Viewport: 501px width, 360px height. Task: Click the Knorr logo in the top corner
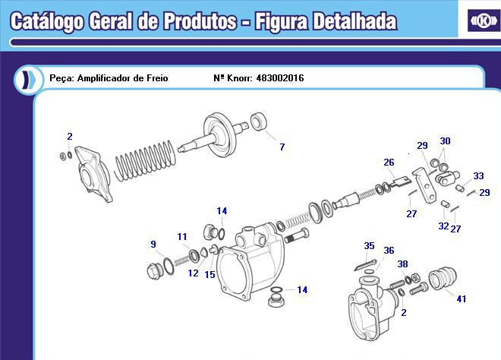click(x=484, y=21)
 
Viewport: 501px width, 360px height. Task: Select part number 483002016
click(x=280, y=78)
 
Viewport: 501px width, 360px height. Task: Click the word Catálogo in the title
click(x=47, y=22)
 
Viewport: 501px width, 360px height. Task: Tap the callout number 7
click(x=282, y=147)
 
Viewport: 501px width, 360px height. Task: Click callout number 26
click(x=389, y=163)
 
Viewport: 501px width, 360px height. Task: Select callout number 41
click(x=461, y=299)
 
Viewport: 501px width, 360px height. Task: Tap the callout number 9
click(x=153, y=245)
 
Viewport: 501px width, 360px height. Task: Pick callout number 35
click(x=369, y=246)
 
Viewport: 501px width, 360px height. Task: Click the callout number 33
click(x=478, y=176)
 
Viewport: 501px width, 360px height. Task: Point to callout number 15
click(x=210, y=275)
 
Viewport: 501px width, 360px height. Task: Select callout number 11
click(x=182, y=237)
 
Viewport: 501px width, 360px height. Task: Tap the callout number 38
click(x=402, y=264)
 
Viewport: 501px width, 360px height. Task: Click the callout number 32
click(x=443, y=226)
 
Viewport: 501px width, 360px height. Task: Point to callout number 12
click(x=193, y=273)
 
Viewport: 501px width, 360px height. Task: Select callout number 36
click(x=389, y=251)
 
